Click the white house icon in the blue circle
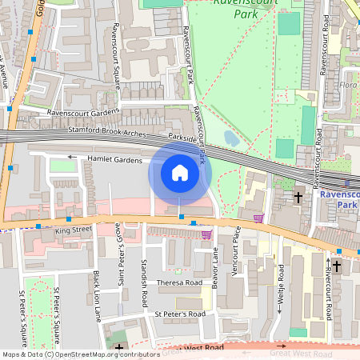coord(180,173)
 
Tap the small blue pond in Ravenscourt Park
coord(231,138)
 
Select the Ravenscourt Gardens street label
coord(83,113)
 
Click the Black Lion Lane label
coord(98,294)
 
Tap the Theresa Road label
coord(180,282)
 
